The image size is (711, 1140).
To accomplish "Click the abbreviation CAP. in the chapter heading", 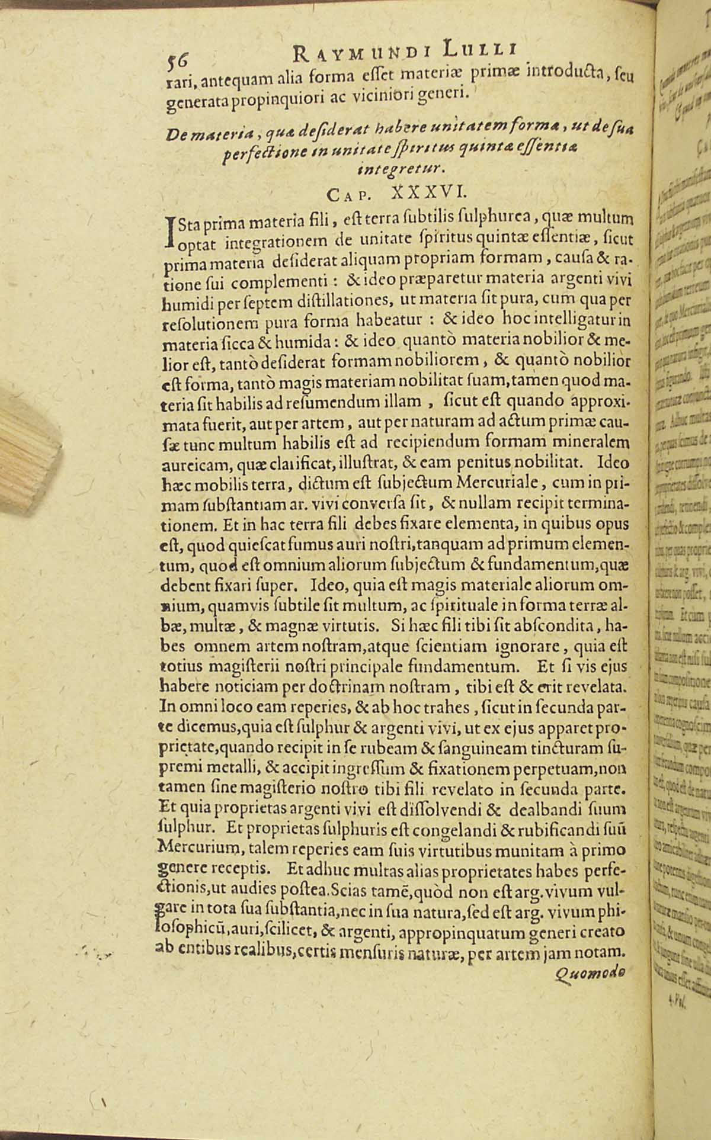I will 348,195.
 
